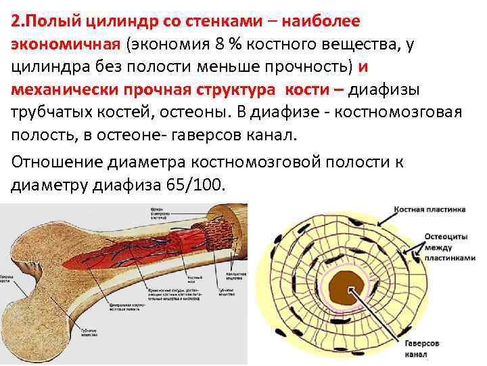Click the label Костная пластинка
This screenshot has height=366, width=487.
pyautogui.click(x=431, y=211)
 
